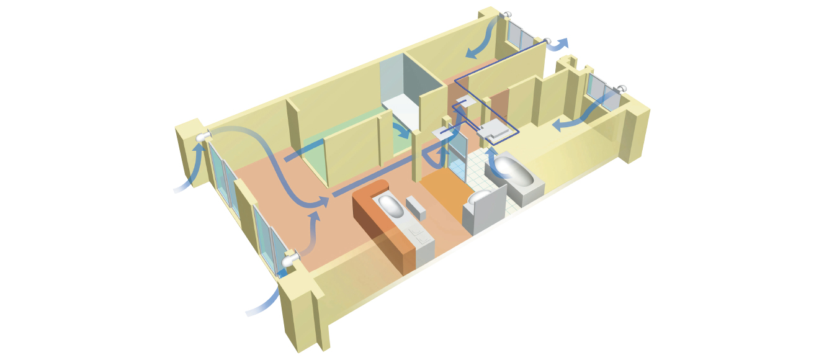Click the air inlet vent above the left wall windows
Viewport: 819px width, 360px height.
pos(203,137)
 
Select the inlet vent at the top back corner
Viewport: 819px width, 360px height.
pos(506,14)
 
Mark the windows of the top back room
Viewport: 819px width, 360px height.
pos(519,36)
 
